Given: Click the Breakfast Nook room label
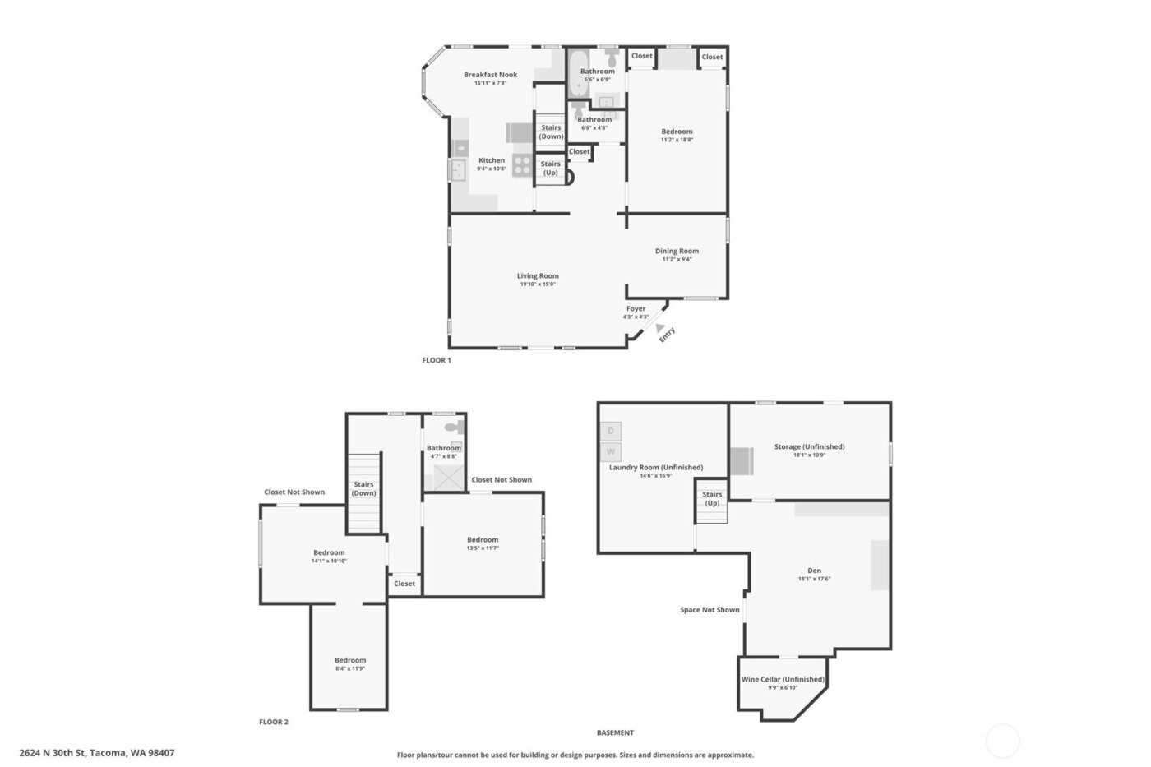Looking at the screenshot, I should click(x=490, y=75).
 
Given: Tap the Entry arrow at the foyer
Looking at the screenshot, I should click(x=660, y=327).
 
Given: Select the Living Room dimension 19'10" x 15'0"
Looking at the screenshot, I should click(x=538, y=284).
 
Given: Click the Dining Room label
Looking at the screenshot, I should click(x=677, y=251).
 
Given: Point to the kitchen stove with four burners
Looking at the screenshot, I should click(x=522, y=165).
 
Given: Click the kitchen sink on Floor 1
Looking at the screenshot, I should click(x=457, y=170).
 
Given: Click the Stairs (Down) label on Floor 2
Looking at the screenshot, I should click(x=363, y=488).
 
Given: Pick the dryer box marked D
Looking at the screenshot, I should click(x=611, y=431).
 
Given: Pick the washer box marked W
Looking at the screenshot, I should click(x=611, y=451).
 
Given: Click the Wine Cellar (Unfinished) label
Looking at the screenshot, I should click(x=783, y=679).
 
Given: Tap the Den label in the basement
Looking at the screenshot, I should click(x=814, y=571).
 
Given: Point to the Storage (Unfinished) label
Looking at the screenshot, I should click(x=809, y=446).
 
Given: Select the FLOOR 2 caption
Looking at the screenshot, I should click(x=274, y=722).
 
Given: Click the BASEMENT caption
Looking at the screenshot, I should click(x=615, y=732).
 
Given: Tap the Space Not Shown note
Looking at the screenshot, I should click(x=710, y=610).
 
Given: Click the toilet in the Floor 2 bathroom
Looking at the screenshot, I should click(x=453, y=427).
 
